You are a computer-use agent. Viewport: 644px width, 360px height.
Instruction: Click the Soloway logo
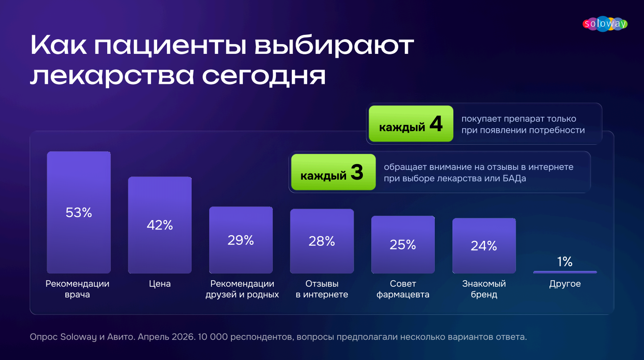click(x=605, y=24)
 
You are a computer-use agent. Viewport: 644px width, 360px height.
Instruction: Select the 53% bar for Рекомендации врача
click(x=79, y=212)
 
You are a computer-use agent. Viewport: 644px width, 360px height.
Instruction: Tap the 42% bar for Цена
click(x=160, y=225)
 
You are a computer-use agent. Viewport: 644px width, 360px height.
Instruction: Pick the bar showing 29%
click(x=241, y=240)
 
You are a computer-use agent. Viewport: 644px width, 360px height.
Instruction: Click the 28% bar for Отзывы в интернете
click(x=322, y=241)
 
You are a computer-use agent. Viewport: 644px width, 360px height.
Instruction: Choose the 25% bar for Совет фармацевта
click(x=403, y=244)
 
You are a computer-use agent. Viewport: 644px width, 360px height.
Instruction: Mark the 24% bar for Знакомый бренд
click(x=484, y=246)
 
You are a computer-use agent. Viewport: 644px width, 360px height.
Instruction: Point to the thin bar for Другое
click(x=565, y=272)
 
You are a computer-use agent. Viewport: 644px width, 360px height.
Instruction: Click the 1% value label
click(x=565, y=262)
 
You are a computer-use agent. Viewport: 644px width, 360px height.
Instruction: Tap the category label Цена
click(x=160, y=284)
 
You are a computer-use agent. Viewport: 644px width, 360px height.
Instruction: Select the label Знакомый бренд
click(x=484, y=289)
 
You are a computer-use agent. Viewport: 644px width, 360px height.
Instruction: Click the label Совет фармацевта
click(x=403, y=289)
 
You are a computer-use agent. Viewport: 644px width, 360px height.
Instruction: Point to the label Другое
click(x=565, y=284)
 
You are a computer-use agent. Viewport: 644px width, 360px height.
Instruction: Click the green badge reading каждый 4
click(x=411, y=124)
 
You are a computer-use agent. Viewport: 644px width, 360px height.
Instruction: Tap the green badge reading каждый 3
click(x=334, y=172)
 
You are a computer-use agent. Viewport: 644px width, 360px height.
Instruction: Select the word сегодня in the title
click(x=264, y=76)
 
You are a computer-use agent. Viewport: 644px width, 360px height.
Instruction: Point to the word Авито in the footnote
click(x=121, y=337)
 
